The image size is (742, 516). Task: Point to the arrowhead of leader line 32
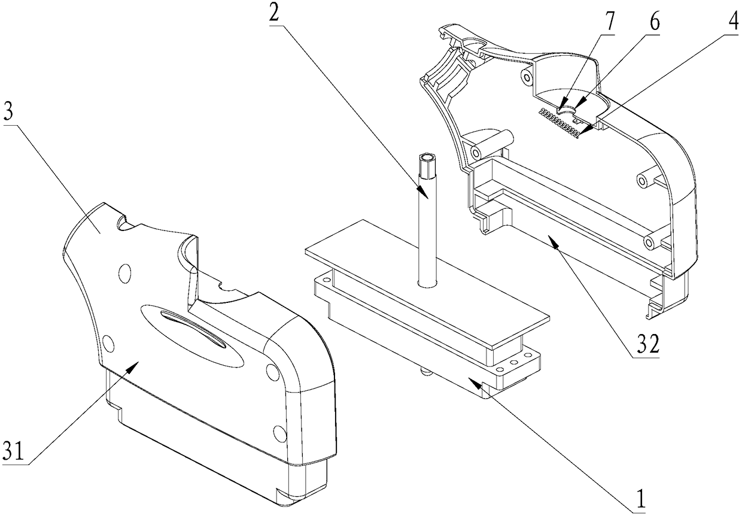click(553, 239)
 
